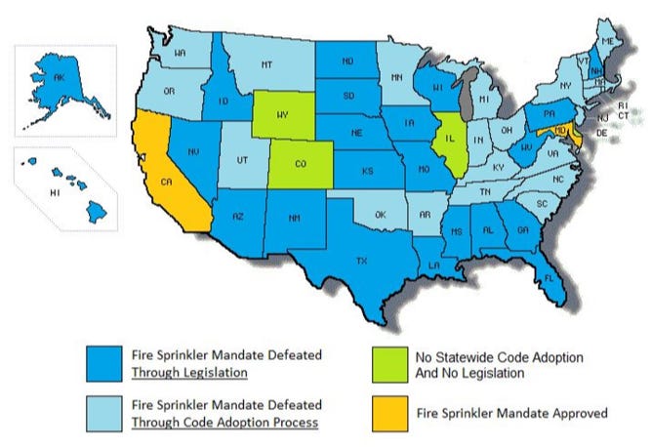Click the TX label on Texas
[x=362, y=262]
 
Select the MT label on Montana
[x=264, y=64]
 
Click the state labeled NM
[x=294, y=219]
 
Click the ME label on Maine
[x=606, y=40]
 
